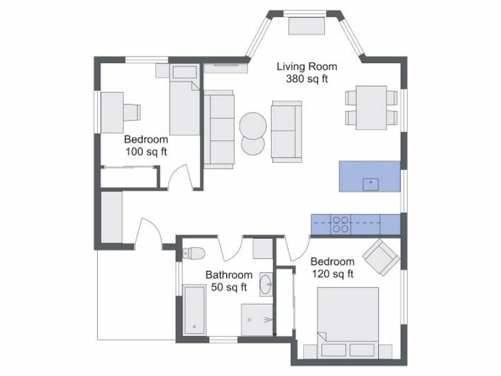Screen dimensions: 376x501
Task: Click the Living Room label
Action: coord(307,66)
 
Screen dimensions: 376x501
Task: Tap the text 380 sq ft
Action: coord(307,79)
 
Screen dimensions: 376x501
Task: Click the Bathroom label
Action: coord(229,275)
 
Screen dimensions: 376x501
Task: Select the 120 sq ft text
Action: coord(333,274)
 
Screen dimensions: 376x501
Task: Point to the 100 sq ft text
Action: coord(145,152)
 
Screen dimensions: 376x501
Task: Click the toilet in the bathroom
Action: coord(194,253)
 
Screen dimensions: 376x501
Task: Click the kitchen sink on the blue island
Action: coord(371,184)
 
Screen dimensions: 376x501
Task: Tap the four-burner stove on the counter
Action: coord(341,224)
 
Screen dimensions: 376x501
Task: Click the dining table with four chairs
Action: coord(371,107)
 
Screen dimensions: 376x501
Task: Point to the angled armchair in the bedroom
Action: coord(381,256)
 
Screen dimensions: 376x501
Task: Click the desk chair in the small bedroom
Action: coord(132,111)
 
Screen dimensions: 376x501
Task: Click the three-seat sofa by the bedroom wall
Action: coord(218,128)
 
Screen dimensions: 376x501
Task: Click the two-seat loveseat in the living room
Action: coord(286,131)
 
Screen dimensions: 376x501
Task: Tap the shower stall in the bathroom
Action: coord(257,320)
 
